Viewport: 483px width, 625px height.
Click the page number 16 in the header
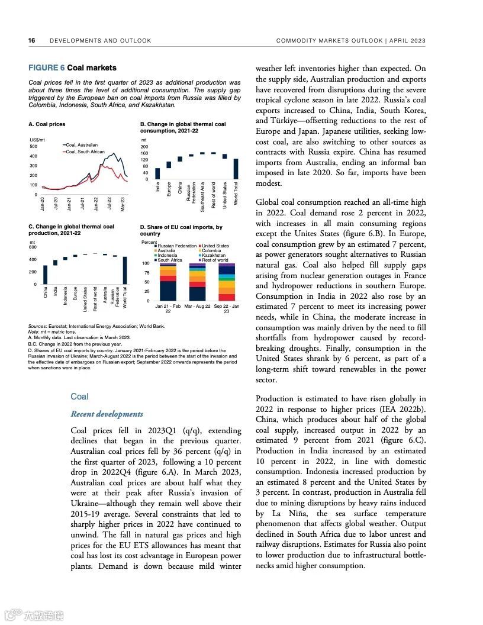(31, 41)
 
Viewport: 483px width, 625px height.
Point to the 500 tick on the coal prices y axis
(33, 146)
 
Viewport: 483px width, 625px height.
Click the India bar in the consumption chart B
(157, 173)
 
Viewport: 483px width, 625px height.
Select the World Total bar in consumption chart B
(236, 169)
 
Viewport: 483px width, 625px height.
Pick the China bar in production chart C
(46, 275)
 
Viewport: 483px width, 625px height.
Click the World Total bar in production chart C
(125, 270)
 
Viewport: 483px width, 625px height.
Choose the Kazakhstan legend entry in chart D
(213, 255)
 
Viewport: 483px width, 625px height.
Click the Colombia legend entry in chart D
(211, 250)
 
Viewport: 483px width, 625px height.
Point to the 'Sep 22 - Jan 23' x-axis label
(227, 308)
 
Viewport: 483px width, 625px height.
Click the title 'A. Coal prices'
(47, 124)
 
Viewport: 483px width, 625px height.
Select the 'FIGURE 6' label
(47, 68)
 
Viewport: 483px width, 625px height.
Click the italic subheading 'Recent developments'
(107, 414)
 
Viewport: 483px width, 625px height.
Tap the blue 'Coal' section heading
(79, 397)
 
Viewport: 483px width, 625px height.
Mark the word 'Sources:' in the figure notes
(38, 326)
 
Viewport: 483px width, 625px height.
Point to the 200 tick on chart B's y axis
(144, 146)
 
